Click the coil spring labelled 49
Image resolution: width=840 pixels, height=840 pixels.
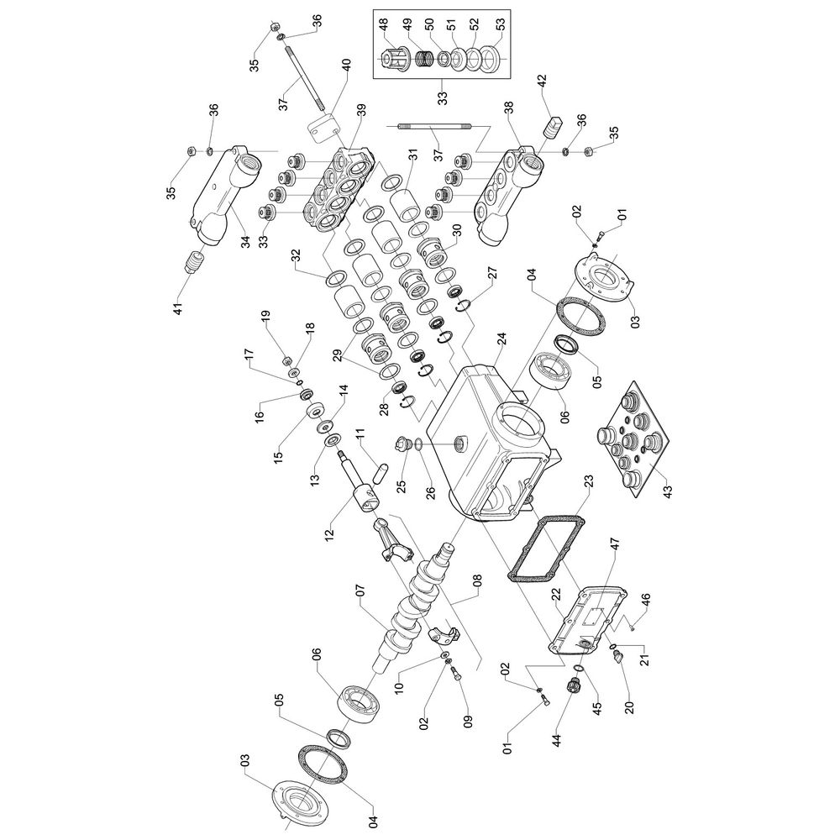pos(427,59)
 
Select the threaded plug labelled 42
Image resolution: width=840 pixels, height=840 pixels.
pos(553,130)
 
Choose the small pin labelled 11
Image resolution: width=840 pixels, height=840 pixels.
pos(375,465)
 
